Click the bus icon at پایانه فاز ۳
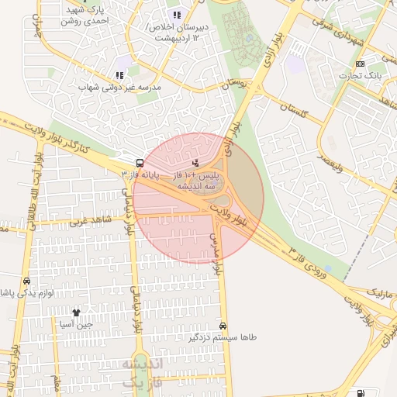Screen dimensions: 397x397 point(140,164)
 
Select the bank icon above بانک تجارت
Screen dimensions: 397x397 point(360,64)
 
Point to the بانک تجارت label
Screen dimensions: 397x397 point(361,75)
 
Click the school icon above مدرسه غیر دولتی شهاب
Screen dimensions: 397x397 point(119,75)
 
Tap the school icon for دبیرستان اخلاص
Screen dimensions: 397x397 point(177,15)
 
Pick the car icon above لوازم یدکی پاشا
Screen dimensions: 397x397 point(27,281)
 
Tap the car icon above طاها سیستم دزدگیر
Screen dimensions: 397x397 point(224,326)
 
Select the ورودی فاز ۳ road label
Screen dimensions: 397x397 point(317,266)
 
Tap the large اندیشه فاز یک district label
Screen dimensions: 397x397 point(140,372)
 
